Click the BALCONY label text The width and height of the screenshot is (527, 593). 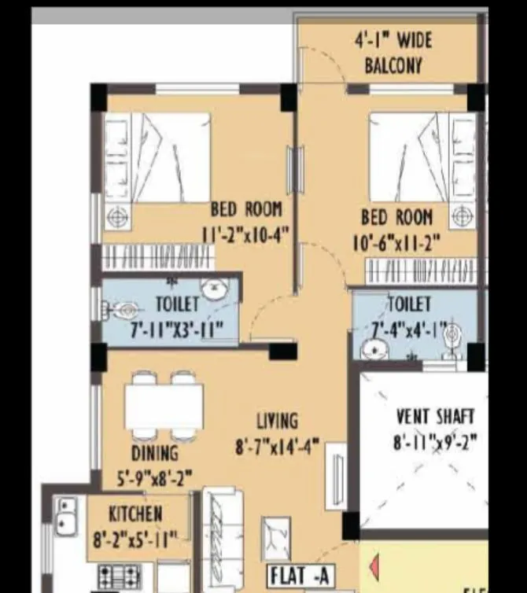[393, 65]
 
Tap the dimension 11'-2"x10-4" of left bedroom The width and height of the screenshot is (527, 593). [245, 234]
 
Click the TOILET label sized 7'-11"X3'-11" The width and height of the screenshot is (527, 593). [178, 304]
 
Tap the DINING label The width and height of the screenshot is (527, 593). [154, 453]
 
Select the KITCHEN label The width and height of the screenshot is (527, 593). [136, 514]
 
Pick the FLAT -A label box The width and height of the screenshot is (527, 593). [301, 575]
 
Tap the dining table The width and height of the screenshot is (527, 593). [164, 407]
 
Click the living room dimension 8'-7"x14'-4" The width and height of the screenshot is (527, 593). [277, 447]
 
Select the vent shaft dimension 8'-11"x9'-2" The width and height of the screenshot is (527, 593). [435, 442]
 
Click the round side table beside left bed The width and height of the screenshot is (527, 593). [117, 215]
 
